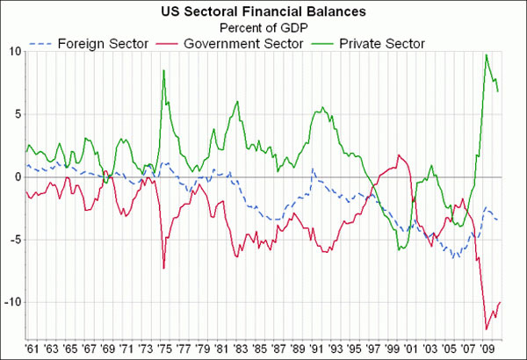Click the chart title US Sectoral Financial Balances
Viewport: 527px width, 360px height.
tap(263, 11)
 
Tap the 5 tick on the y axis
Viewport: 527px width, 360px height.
tap(16, 114)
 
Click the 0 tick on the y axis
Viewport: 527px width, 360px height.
tap(16, 176)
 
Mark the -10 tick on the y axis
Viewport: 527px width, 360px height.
tap(11, 302)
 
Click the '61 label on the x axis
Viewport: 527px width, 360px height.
tap(32, 348)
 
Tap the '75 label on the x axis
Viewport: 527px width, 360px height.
tap(163, 348)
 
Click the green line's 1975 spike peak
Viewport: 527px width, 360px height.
tap(163, 70)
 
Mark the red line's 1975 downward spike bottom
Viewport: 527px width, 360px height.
tap(163, 268)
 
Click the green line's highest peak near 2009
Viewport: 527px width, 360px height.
tap(486, 55)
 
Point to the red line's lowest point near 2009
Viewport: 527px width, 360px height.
tap(486, 329)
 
